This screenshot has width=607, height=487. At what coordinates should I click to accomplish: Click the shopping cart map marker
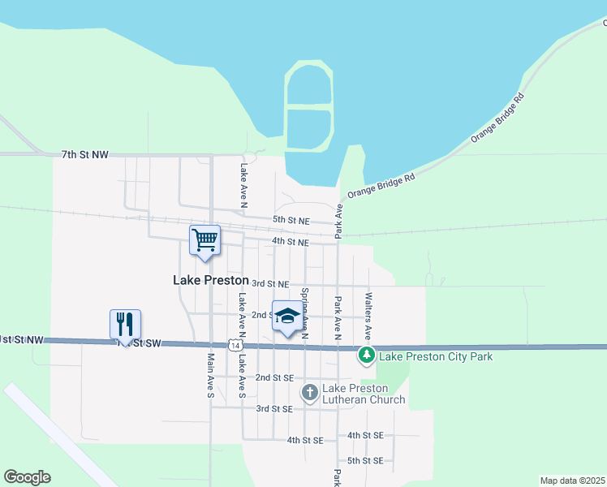tap(205, 239)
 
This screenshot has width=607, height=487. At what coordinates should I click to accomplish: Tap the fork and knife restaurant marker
tap(125, 324)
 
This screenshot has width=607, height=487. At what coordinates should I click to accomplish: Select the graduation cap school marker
tap(286, 317)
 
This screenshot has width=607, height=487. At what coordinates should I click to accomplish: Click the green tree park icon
tap(367, 355)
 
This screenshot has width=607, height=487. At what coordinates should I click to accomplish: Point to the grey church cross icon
tap(309, 394)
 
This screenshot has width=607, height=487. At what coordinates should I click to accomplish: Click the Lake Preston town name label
tap(211, 280)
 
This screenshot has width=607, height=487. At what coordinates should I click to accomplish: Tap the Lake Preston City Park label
tap(436, 356)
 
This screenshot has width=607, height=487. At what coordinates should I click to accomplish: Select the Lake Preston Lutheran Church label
tap(364, 394)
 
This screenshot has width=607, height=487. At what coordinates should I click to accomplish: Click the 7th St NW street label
tap(85, 154)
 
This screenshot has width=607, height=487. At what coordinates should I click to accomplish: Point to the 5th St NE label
tap(291, 220)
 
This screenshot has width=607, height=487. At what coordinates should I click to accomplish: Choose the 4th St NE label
tap(291, 242)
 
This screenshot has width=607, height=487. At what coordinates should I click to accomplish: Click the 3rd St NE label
tap(271, 283)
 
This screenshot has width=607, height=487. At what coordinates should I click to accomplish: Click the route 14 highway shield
tap(234, 346)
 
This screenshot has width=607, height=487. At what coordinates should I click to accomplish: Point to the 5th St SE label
tap(365, 460)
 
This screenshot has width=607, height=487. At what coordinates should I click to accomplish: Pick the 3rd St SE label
tap(273, 409)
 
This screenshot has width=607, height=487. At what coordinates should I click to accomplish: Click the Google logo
tap(27, 477)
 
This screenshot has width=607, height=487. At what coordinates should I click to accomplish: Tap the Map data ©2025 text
tap(572, 481)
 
